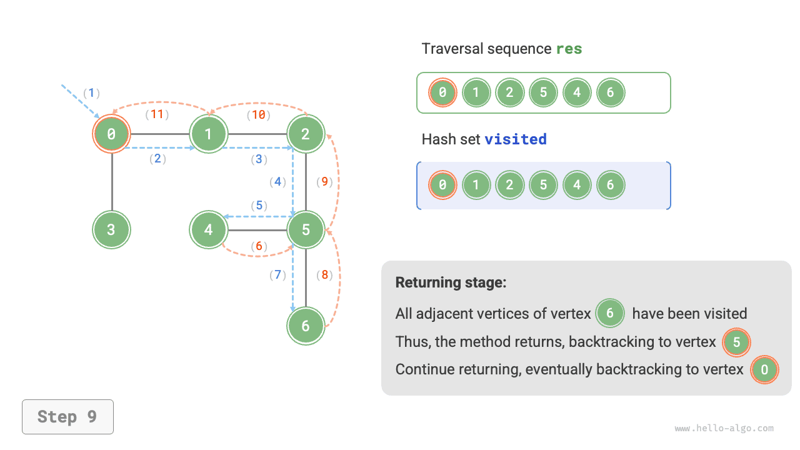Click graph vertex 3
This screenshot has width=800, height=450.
pos(111,229)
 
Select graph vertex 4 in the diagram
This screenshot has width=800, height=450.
pos(208,229)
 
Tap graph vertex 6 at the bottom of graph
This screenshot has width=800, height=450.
pos(306,326)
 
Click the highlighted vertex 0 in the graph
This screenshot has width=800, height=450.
pos(111,133)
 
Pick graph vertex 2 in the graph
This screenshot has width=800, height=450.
pos(306,133)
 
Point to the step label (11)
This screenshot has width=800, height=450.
pos(157,114)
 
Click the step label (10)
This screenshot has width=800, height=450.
pos(257,114)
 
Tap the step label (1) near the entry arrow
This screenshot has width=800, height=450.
pos(92,93)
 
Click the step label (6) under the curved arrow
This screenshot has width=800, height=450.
pos(259,246)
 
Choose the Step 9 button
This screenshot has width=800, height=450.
pos(67,417)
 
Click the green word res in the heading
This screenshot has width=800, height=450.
pos(569,49)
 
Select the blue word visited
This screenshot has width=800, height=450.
pos(516,139)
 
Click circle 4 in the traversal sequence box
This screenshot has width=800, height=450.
pos(577,92)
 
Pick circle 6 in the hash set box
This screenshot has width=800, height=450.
pos(611,185)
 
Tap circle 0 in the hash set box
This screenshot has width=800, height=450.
pos(442,185)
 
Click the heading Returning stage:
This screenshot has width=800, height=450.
pos(451,282)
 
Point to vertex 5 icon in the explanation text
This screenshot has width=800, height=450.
pos(736,342)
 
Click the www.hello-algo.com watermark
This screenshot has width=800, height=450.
pos(724,429)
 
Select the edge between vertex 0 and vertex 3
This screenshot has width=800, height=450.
pos(111,181)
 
